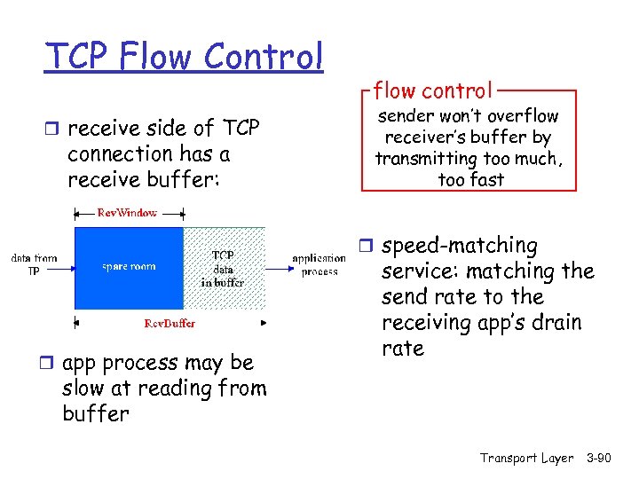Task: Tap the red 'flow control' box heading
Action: (x=432, y=90)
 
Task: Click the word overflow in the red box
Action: (x=523, y=116)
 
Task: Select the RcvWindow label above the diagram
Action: (x=128, y=213)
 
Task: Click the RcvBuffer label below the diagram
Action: (x=170, y=323)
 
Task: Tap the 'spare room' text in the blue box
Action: (x=129, y=265)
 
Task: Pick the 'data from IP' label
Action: (x=33, y=264)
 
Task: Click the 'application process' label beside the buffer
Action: (x=319, y=265)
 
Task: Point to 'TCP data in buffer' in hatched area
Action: (x=223, y=268)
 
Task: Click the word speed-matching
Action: (x=460, y=246)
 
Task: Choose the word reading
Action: (x=185, y=389)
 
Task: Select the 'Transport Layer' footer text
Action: (x=526, y=458)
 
